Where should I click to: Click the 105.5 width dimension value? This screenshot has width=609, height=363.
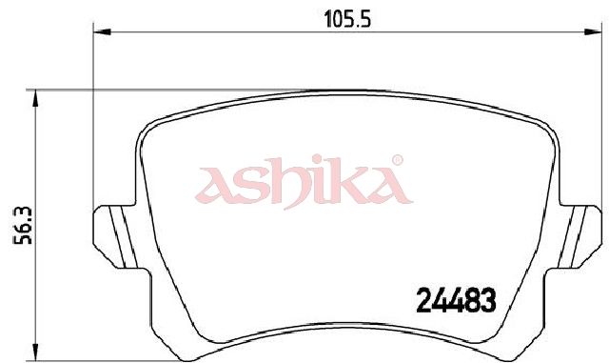pos(347,19)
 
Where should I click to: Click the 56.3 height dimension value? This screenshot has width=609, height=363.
pos(23,226)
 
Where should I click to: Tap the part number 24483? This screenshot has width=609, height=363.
pos(456,301)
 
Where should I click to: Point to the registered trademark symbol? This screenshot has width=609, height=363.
pos(397,160)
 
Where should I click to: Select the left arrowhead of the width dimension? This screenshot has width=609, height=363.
pos(102,31)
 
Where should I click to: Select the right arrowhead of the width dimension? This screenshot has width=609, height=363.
pos(593,31)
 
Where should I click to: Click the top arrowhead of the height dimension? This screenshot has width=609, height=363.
pos(35,98)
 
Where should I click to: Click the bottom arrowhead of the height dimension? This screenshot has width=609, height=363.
pos(35,353)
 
